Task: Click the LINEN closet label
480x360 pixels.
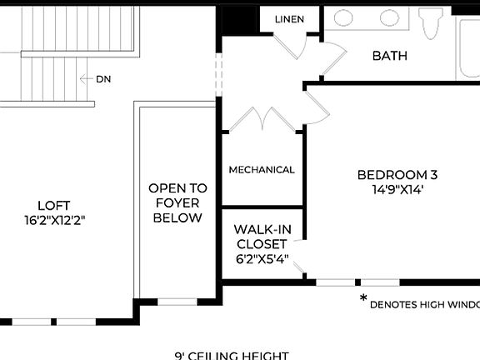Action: coord(289,19)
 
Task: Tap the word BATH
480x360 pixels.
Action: coord(389,56)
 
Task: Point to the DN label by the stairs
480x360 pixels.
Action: coord(103,79)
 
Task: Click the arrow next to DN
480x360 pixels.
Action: coord(86,79)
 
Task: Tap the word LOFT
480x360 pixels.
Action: coord(53,205)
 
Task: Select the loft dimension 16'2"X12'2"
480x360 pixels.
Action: coord(55,220)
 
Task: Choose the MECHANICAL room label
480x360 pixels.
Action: coord(262,170)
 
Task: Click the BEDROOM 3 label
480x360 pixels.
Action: coord(397,175)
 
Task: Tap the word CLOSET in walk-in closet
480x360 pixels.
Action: coord(262,244)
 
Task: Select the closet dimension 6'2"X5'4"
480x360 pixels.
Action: coord(262,258)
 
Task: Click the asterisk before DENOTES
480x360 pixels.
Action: coord(363,298)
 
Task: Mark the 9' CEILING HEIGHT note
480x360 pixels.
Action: coord(232,355)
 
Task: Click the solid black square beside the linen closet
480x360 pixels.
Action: coord(234,20)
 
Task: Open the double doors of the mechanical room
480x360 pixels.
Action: coord(263,119)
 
